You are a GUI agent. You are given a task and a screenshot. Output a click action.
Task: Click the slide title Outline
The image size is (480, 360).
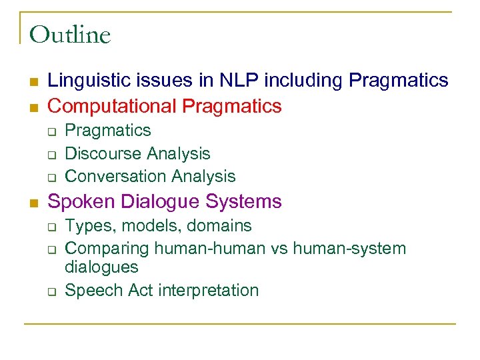(x=70, y=35)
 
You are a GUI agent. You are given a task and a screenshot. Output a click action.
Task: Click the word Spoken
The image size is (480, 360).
(x=78, y=201)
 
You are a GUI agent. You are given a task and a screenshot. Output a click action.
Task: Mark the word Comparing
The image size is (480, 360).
(x=107, y=249)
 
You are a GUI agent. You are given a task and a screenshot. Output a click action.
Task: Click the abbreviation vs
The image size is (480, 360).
(x=277, y=249)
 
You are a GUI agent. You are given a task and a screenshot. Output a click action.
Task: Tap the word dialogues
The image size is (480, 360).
(x=101, y=267)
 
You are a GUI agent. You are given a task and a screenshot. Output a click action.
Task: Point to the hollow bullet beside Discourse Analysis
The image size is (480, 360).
(x=51, y=155)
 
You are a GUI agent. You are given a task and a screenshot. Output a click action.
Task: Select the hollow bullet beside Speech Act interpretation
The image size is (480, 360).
(x=51, y=291)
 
